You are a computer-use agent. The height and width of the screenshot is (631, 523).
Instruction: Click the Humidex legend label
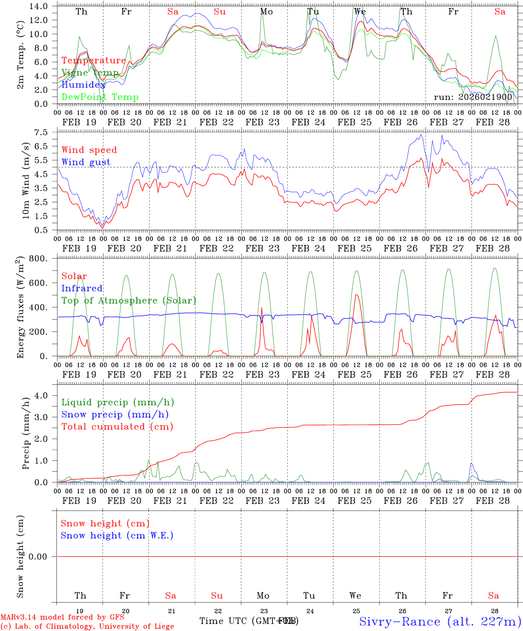[x=84, y=85]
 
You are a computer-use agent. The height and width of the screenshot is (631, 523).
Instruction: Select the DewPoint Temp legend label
[x=100, y=97]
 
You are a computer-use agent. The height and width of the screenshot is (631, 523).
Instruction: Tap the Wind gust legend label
[x=86, y=162]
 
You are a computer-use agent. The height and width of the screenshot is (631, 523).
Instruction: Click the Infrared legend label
[x=82, y=288]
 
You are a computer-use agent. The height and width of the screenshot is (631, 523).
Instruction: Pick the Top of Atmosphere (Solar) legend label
[x=129, y=301]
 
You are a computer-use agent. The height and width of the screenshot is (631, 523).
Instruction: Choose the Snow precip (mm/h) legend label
[x=115, y=415]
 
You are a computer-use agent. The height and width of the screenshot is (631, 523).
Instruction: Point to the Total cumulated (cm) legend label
[x=117, y=427]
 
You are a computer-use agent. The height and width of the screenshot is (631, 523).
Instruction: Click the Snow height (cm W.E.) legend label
[x=117, y=535]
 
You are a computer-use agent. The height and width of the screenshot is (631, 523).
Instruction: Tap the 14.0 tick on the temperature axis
[x=40, y=6]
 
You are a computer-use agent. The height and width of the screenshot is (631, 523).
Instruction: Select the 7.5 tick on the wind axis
[x=42, y=132]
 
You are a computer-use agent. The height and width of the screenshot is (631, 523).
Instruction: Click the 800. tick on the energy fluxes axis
[x=39, y=259]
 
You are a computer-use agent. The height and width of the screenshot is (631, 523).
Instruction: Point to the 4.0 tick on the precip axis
[x=42, y=396]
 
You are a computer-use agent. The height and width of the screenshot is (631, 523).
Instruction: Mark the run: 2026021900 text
[x=473, y=97]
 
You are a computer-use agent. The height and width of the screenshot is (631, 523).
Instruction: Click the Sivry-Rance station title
[x=440, y=621]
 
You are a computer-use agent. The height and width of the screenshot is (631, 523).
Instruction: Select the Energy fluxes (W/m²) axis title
[x=20, y=308]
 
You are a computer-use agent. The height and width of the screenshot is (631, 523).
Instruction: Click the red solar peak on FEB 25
[x=356, y=295]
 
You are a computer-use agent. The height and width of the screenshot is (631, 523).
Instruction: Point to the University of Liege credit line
[x=87, y=627]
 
